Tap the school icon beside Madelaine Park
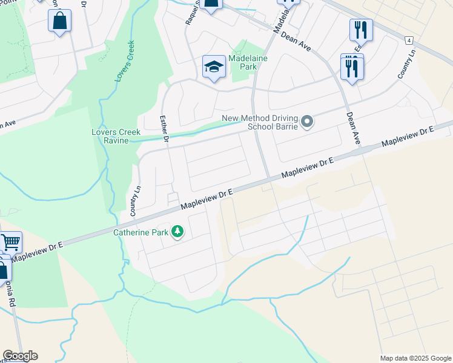[x=214, y=67]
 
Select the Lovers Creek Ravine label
[x=116, y=136]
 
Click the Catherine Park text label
[x=141, y=232]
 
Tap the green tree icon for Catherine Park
[x=177, y=232]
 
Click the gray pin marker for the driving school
[x=307, y=122]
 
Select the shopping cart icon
[x=10, y=243]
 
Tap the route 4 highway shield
[x=410, y=40]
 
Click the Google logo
[x=20, y=356]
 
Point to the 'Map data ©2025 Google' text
[x=415, y=358]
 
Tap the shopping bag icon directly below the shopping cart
[x=3, y=269]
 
